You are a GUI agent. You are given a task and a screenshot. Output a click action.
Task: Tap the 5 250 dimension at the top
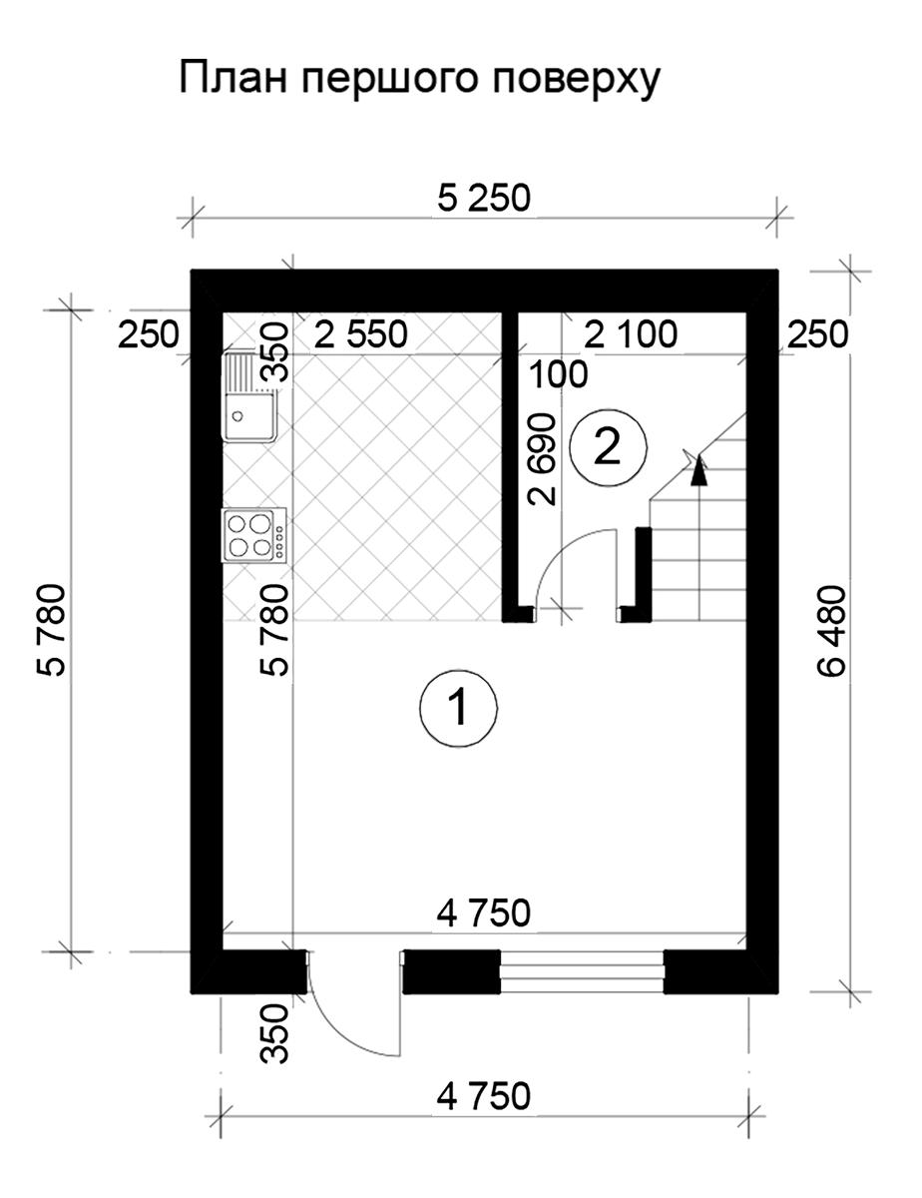click(x=484, y=199)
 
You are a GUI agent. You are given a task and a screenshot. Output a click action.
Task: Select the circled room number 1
click(x=458, y=709)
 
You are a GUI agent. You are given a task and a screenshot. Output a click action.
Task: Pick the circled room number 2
click(x=608, y=447)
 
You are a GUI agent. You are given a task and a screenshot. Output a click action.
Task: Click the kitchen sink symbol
click(x=249, y=396)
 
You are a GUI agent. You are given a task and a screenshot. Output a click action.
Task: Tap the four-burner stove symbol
click(x=253, y=535)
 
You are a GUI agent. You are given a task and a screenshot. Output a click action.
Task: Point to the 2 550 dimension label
click(x=361, y=334)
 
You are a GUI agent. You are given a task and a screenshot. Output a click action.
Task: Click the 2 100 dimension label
click(x=630, y=334)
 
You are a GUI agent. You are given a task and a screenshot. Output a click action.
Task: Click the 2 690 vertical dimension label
click(x=543, y=459)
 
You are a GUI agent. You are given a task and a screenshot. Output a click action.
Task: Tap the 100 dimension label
click(x=558, y=374)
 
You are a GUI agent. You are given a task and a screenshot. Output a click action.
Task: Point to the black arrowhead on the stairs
click(x=698, y=470)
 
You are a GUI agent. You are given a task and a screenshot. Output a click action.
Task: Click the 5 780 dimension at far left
click(x=52, y=630)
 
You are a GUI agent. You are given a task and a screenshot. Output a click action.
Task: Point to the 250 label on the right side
click(x=817, y=334)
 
